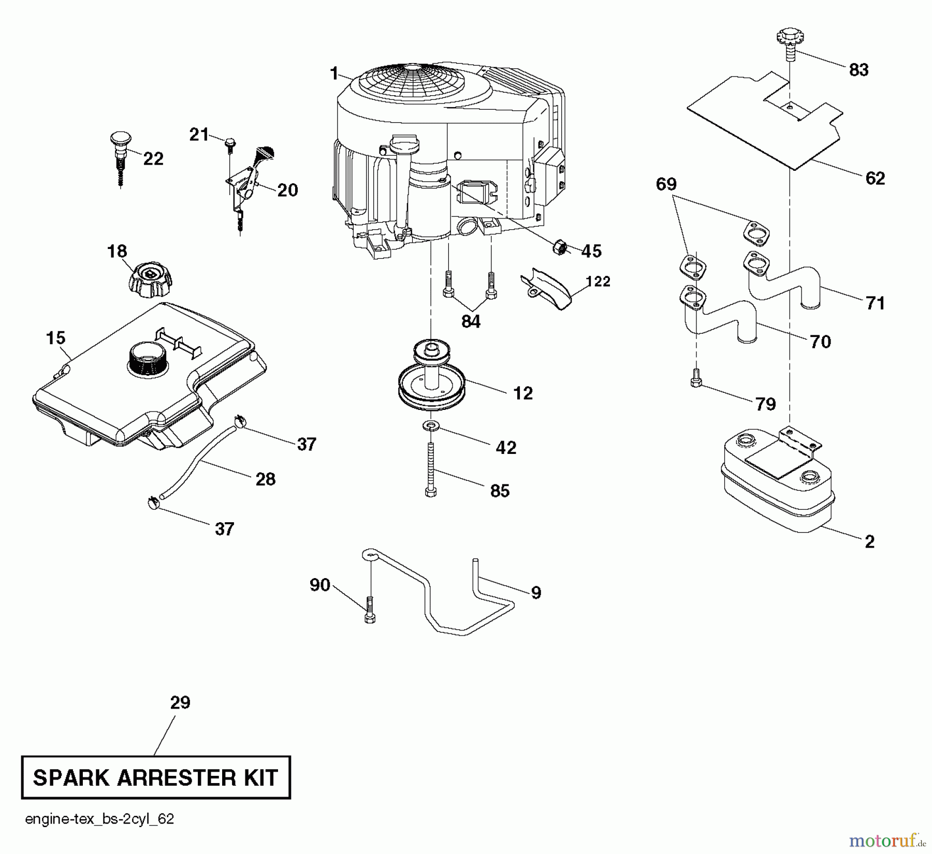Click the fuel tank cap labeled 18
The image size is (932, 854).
149,279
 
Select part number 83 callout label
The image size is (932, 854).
858,70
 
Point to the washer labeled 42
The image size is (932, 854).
430,426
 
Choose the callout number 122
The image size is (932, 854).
598,282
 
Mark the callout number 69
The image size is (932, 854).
666,184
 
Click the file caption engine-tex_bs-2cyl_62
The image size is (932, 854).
99,819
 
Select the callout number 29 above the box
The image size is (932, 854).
180,703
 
